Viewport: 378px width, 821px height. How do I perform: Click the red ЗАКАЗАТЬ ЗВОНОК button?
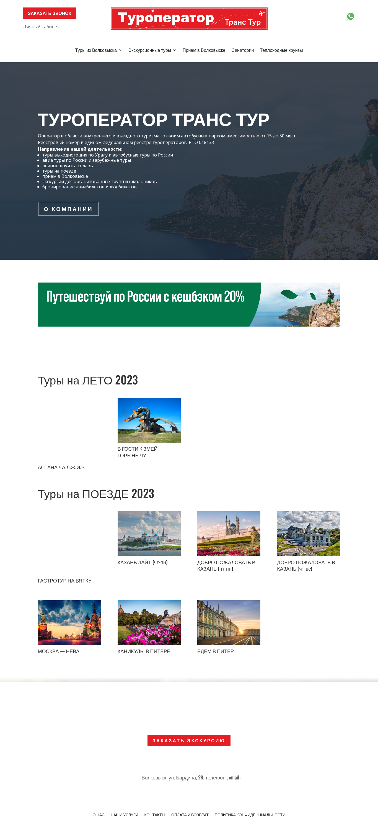tap(49, 13)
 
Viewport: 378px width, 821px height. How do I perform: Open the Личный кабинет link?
tap(41, 27)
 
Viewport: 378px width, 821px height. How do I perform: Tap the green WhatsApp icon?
tap(350, 16)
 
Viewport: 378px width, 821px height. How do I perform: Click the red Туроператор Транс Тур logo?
tap(189, 19)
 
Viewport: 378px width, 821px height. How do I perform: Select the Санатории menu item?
tap(242, 50)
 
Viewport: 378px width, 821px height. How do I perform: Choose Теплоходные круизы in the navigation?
tap(281, 50)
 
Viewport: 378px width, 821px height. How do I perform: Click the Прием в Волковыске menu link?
tap(204, 50)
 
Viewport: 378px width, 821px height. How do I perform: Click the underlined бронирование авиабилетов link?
tap(73, 187)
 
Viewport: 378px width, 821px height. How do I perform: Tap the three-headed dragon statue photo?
tap(149, 420)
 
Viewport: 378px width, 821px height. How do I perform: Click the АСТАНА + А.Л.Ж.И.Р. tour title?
tap(62, 468)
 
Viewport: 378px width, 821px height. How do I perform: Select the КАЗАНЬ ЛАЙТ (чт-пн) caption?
tap(142, 563)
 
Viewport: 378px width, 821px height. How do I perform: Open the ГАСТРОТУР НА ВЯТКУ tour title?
tap(65, 581)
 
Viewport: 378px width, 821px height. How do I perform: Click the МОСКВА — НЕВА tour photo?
tap(69, 622)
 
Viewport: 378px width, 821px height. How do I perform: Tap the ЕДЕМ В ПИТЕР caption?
tap(215, 651)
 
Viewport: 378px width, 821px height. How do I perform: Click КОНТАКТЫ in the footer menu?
tap(154, 815)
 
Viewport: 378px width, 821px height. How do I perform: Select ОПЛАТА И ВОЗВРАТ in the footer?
tap(190, 815)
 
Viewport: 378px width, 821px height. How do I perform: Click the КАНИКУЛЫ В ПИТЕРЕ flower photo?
tap(149, 622)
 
